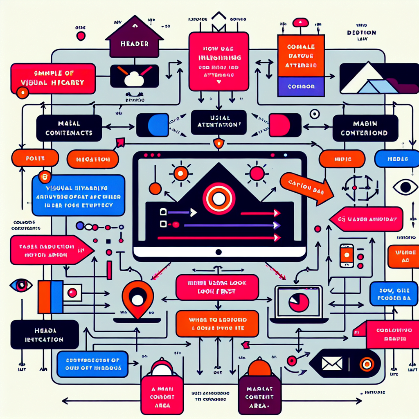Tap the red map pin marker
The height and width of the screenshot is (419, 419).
(x=137, y=298)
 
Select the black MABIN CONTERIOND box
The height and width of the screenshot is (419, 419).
(x=365, y=128)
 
